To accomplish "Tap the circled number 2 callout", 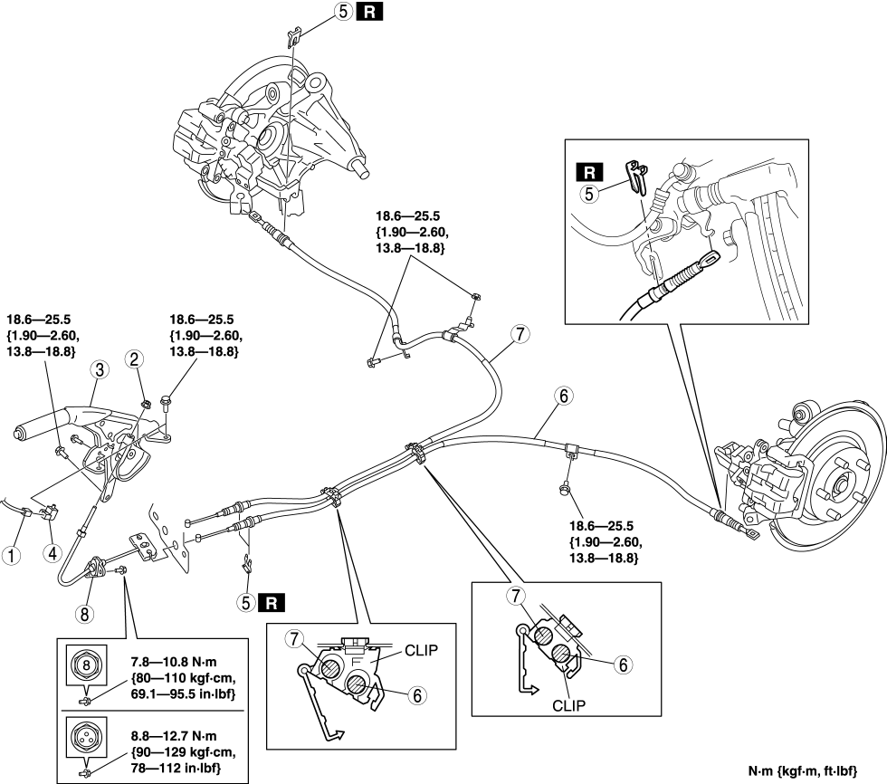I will [x=134, y=360].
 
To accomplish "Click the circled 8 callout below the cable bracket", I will [x=84, y=613].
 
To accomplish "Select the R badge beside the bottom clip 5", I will [x=270, y=600].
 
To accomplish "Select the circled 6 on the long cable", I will [x=564, y=396].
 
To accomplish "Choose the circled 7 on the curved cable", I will [x=517, y=333].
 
